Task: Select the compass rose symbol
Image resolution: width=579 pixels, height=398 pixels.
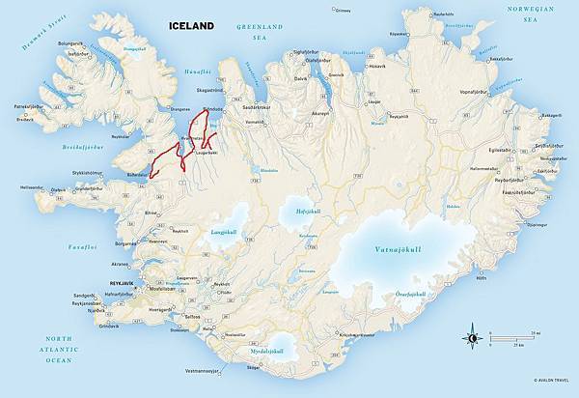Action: (x=472, y=337)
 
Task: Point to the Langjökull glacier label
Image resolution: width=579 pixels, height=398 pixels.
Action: (x=223, y=232)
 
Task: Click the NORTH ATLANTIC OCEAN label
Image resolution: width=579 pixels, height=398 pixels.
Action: (x=58, y=349)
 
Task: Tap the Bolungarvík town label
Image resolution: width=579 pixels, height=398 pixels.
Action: (x=44, y=43)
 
